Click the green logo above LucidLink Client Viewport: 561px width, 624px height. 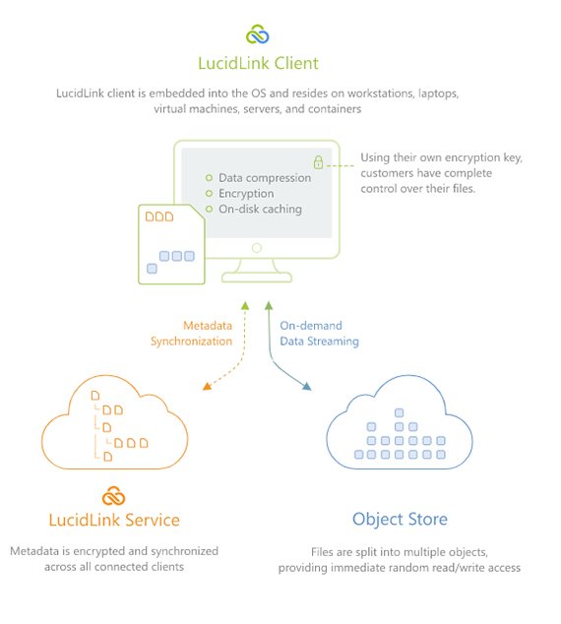258,35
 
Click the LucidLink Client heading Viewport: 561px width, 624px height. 258,64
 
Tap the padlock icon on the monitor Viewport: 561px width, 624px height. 318,160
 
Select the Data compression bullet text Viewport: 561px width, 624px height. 265,178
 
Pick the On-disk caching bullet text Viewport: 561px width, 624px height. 260,210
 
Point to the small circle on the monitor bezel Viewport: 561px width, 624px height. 257,248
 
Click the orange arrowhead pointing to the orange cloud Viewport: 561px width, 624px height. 207,387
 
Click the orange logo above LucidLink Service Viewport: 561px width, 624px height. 114,494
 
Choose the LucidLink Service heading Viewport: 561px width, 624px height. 114,519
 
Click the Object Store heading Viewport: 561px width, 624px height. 400,519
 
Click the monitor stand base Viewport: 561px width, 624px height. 257,277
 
